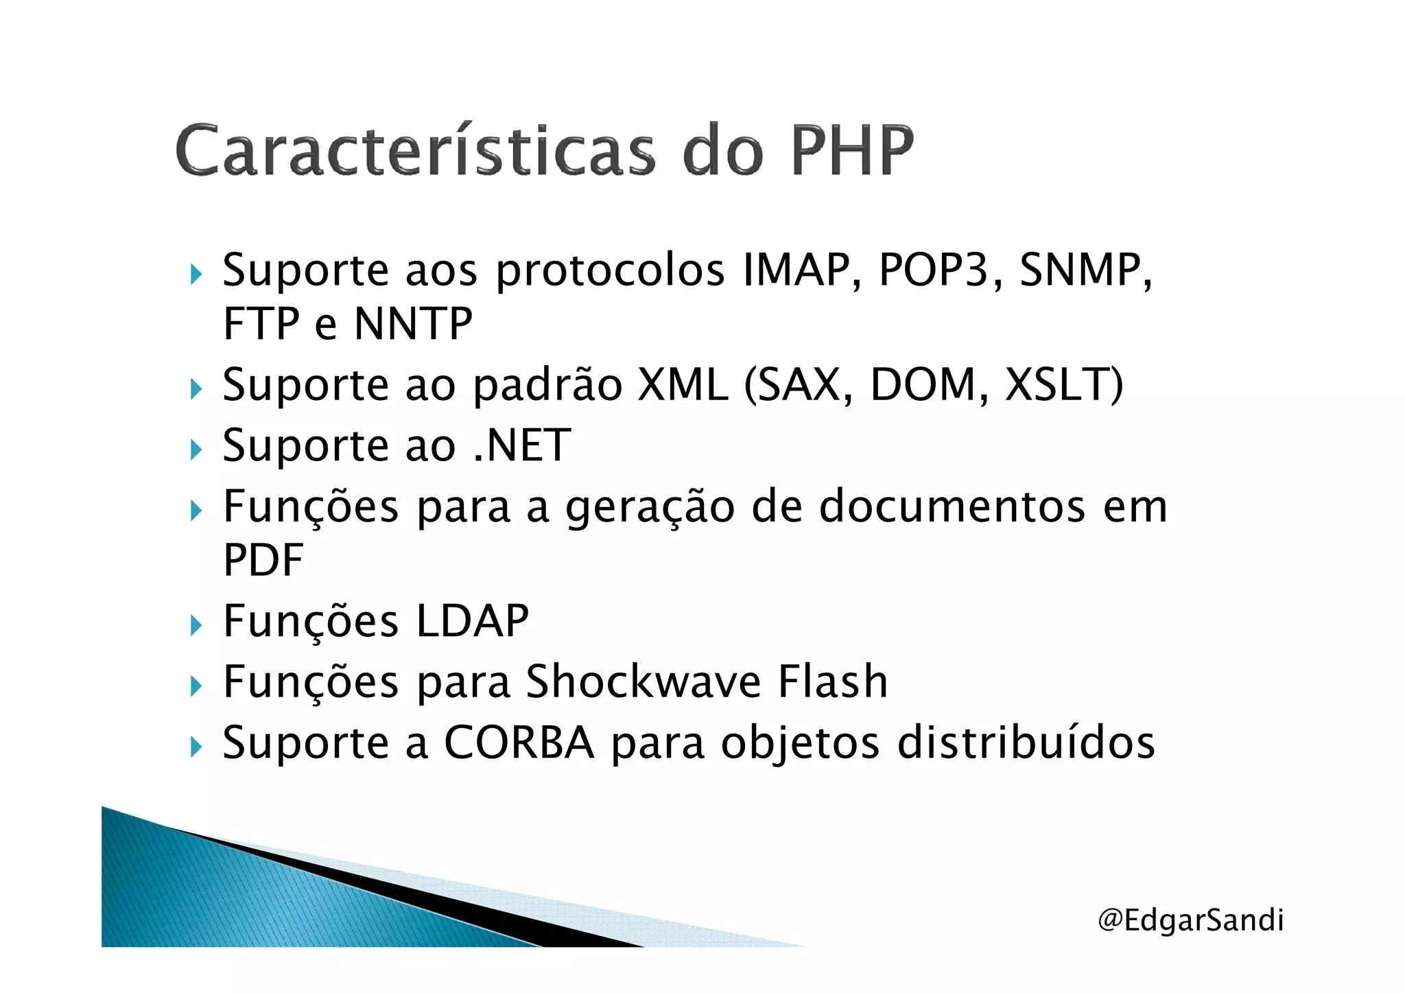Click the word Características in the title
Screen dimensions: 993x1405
pos(415,150)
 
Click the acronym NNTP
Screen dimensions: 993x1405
pos(413,324)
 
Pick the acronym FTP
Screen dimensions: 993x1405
pos(261,324)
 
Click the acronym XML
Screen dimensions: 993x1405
pos(683,384)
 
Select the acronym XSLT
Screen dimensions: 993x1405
pos(1062,384)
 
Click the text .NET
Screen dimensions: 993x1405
pos(522,445)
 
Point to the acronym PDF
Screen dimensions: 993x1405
pos(263,561)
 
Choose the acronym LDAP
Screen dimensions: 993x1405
pos(473,622)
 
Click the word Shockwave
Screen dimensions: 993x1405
pos(643,682)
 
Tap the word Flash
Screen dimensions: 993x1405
pos(833,682)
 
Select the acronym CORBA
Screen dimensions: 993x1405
pos(519,743)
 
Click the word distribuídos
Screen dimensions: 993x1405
pos(1026,743)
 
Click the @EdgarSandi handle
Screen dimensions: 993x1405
pos(1190,920)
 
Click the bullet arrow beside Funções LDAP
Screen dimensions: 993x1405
pos(197,625)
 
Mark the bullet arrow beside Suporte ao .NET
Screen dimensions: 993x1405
pos(197,449)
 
